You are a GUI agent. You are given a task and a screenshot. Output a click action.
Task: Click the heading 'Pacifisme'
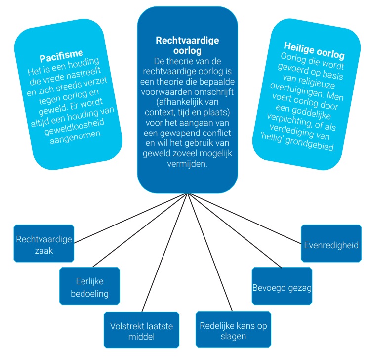61,56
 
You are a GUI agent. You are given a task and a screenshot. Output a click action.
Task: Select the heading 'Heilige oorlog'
314,50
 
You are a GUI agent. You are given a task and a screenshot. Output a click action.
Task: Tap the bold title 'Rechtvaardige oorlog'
187,45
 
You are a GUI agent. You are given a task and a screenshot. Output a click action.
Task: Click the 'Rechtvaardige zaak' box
44,243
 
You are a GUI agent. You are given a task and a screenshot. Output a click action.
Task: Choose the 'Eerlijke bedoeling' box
89,286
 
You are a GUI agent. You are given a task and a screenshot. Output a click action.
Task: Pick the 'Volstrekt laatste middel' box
141,329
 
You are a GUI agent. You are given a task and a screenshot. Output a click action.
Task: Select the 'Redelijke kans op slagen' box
233,329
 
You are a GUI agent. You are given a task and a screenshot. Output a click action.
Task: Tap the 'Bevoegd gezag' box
282,286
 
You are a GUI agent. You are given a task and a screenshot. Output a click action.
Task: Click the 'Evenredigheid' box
331,243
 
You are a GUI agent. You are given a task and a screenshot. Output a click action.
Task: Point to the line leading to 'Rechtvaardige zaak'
131,218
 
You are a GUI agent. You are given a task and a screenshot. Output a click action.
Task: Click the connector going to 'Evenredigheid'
245,219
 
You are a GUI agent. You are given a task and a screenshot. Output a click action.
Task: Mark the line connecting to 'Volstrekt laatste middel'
165,252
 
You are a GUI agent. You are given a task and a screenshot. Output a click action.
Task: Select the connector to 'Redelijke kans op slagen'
210,252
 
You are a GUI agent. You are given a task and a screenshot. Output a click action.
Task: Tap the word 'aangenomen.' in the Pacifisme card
76,137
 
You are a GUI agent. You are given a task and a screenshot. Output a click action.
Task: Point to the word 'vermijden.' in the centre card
187,164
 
